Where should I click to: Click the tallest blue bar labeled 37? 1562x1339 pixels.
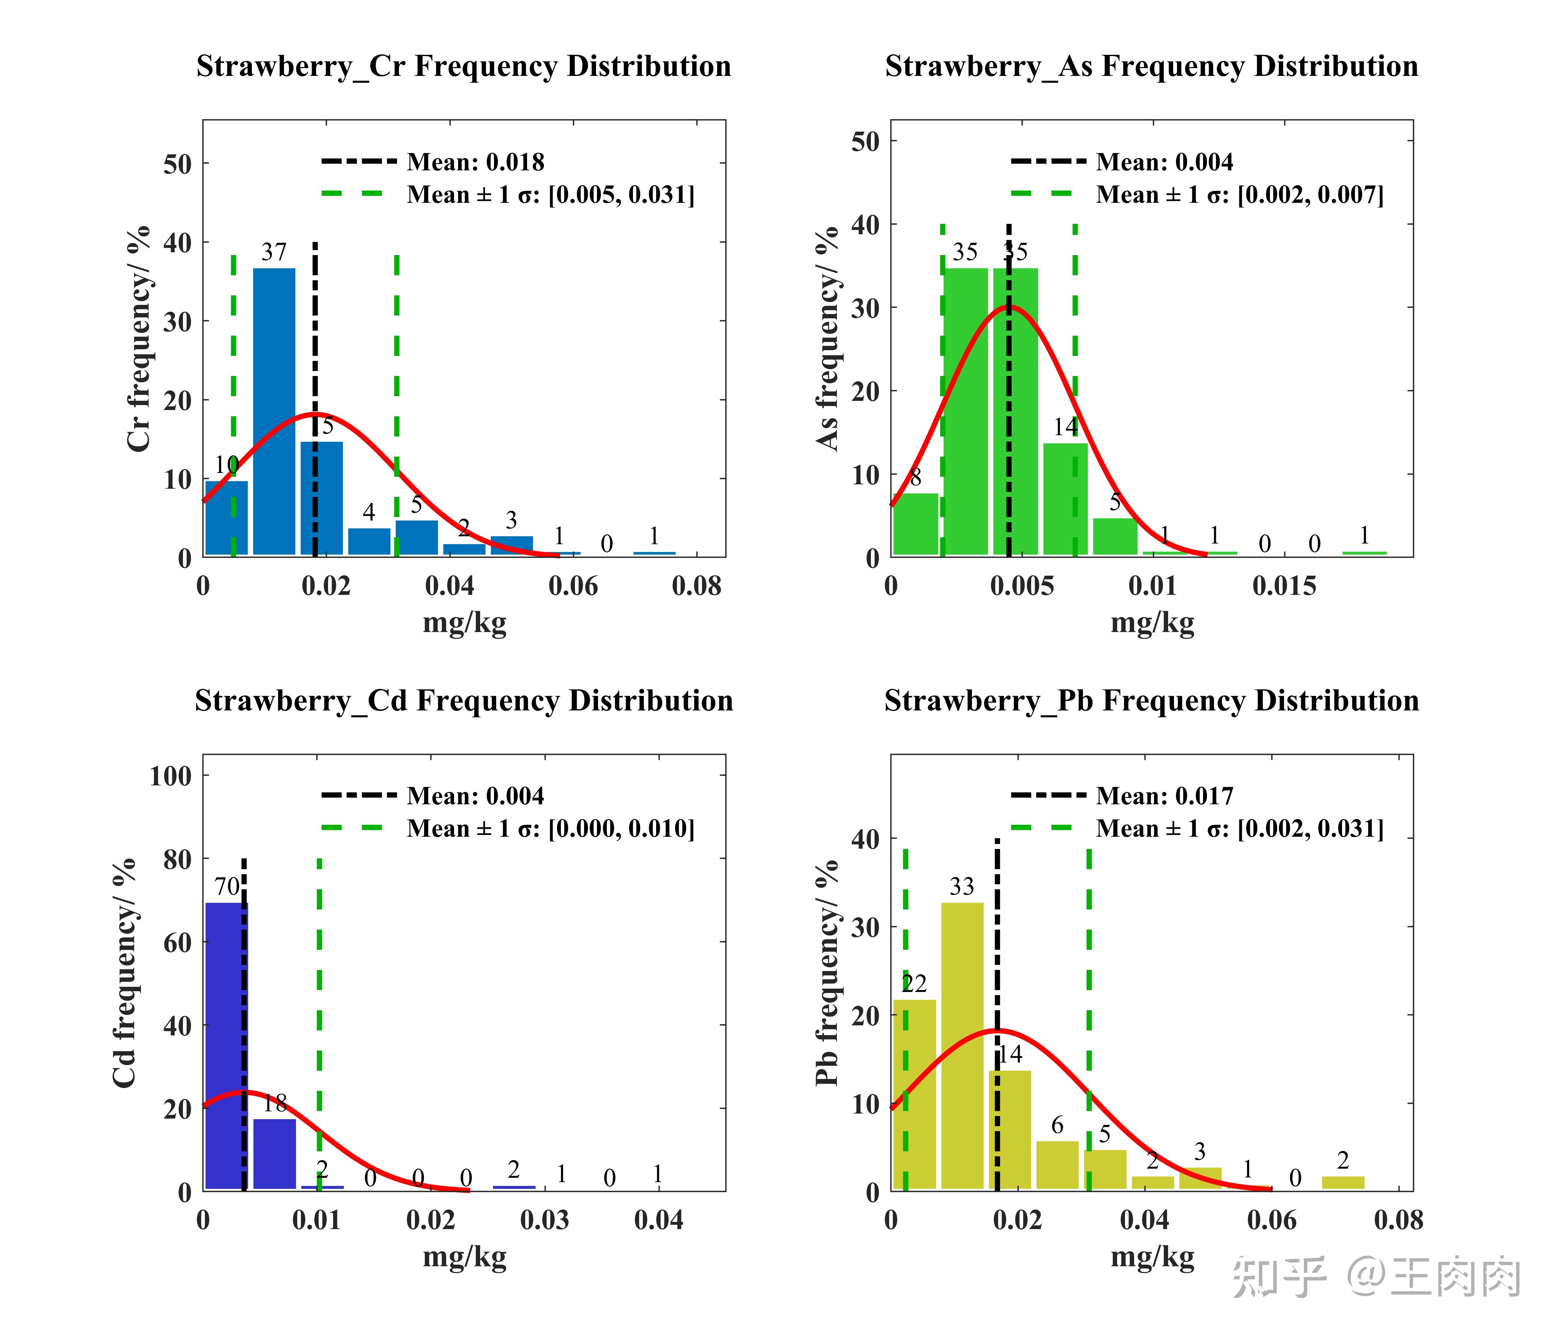275,411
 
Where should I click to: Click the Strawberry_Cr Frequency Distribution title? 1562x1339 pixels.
463,66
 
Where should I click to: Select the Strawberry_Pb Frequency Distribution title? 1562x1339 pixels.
1151,701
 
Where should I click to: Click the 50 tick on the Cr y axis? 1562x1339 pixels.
178,164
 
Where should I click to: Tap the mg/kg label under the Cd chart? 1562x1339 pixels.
464,1257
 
